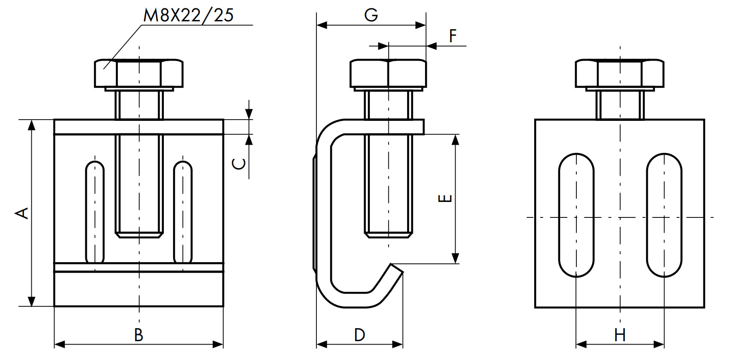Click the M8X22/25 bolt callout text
coord(188,15)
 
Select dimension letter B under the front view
coord(138,335)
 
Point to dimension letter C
coord(239,163)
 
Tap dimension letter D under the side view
coord(359,335)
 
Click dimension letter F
coord(453,36)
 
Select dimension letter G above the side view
coord(371,15)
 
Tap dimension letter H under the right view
coord(620,335)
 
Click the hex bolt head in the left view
coord(139,74)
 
